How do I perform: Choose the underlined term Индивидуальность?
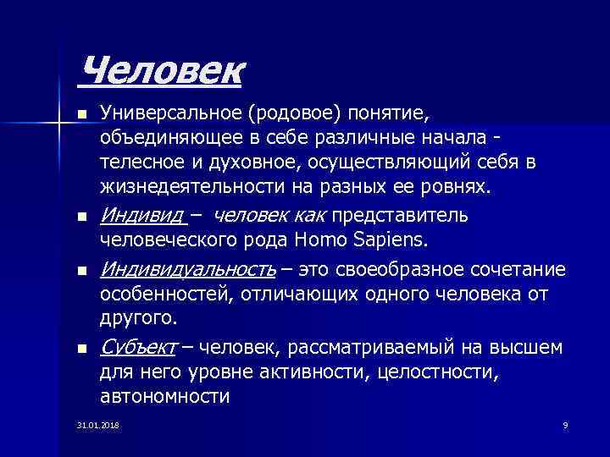tap(187, 269)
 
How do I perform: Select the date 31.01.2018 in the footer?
tap(97, 424)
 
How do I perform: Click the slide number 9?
tap(564, 424)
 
